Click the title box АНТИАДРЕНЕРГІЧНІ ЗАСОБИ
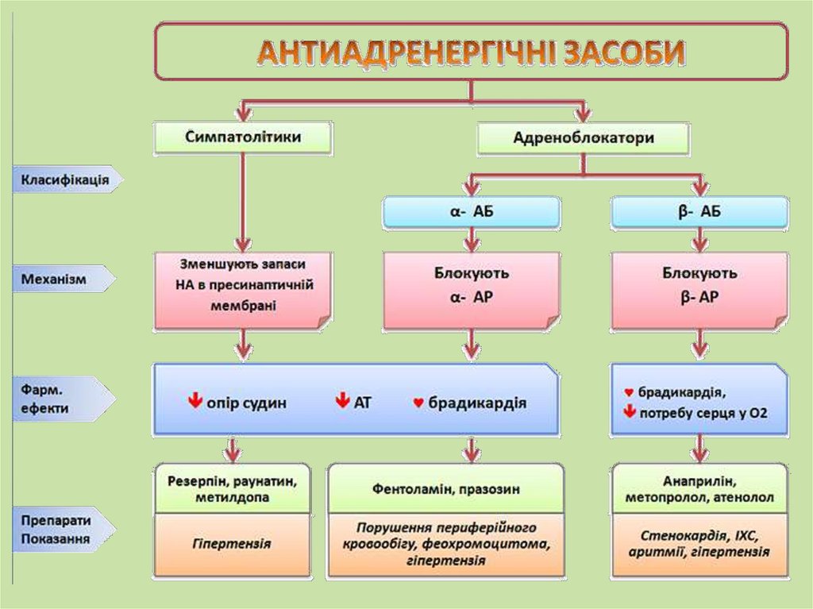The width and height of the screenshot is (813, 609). tap(472, 52)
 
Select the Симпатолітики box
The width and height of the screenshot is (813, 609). tap(242, 137)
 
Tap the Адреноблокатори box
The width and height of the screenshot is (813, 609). tap(584, 138)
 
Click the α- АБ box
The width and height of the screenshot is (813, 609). tap(472, 212)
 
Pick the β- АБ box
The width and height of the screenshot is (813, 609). tap(699, 212)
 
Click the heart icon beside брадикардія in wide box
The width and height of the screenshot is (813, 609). tap(418, 403)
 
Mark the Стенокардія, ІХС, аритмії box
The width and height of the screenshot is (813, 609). tap(699, 545)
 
